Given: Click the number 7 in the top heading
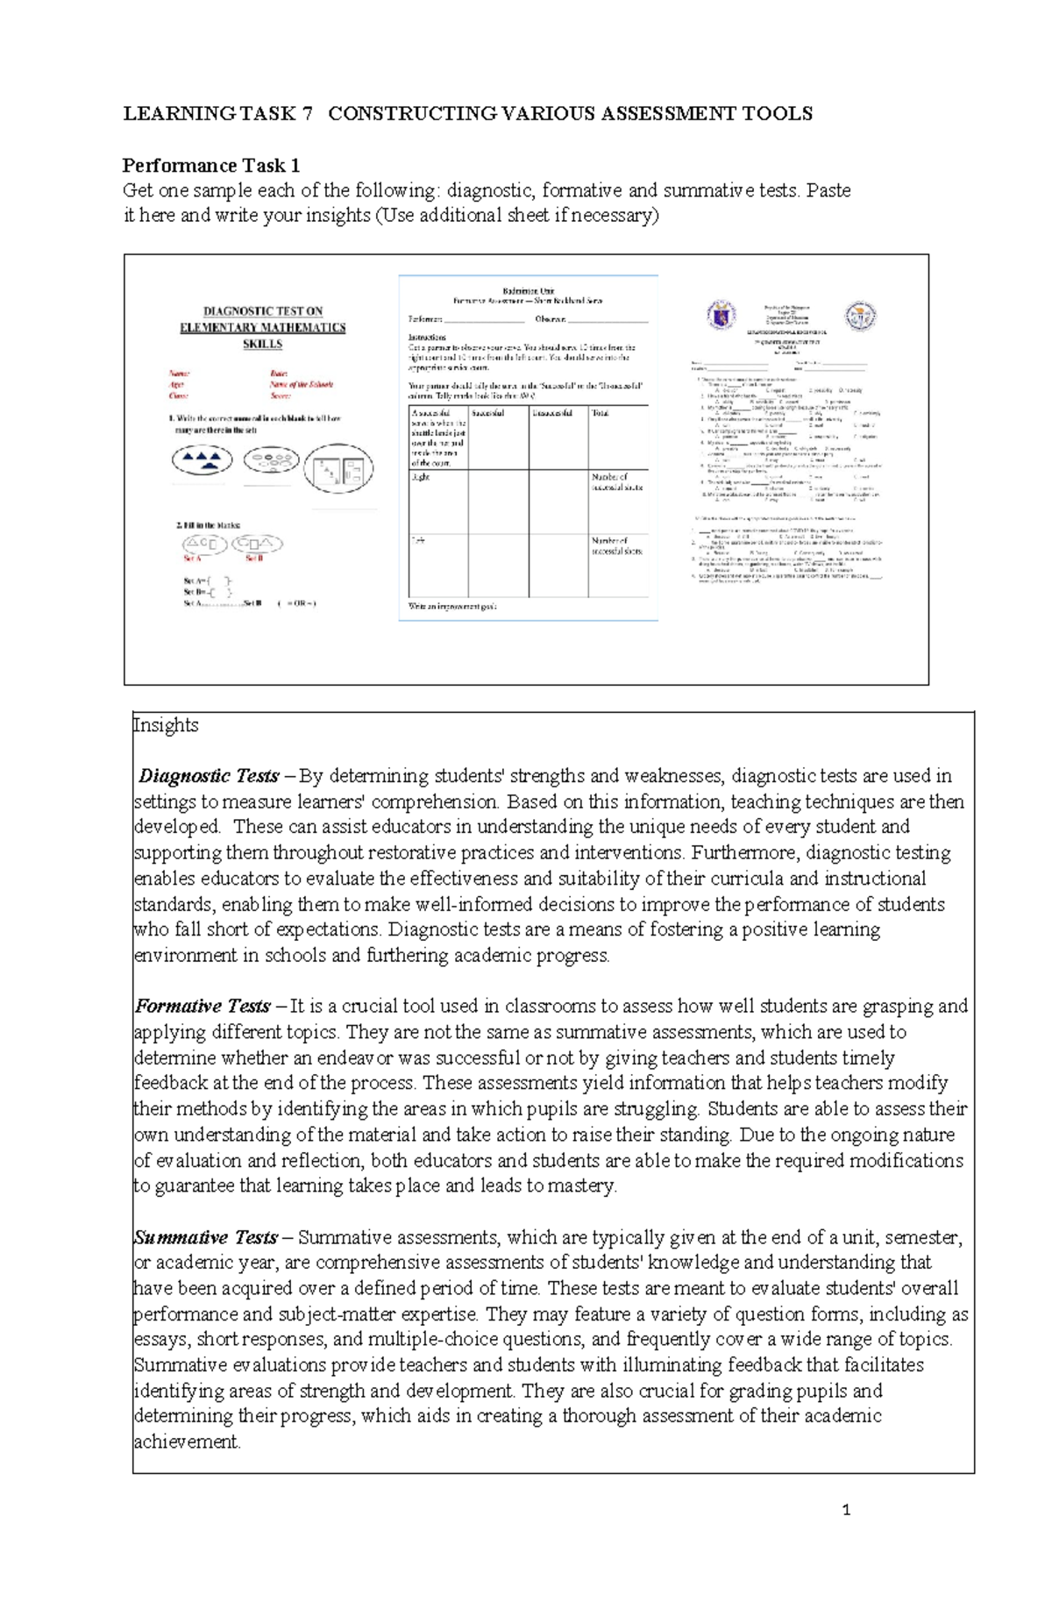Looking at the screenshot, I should click(307, 113).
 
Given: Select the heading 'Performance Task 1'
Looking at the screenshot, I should click(210, 165).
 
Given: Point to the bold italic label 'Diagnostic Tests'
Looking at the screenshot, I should click(209, 776).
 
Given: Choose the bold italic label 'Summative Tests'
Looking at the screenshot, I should click(206, 1237).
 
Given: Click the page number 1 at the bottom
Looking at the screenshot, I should click(846, 1510).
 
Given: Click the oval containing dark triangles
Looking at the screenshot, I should click(203, 459).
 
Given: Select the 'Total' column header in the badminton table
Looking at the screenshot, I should click(601, 413).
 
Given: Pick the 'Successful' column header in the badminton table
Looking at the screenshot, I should click(487, 413).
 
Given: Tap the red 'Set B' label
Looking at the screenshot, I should click(254, 559).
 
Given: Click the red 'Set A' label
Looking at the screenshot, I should click(192, 559).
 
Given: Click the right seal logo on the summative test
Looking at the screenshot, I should click(860, 315).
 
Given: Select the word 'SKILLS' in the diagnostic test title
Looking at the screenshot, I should click(262, 345).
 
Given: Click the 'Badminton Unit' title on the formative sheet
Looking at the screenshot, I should click(528, 290).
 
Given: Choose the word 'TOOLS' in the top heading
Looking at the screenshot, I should click(780, 113).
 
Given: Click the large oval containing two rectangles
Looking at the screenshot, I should click(338, 468).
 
